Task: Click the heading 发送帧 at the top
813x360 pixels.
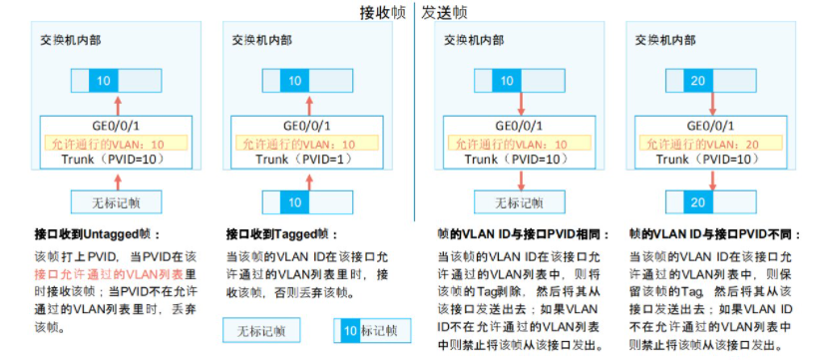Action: (445, 13)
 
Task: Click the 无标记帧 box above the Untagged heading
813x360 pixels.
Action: (117, 203)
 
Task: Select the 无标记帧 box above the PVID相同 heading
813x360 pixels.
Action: (519, 203)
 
